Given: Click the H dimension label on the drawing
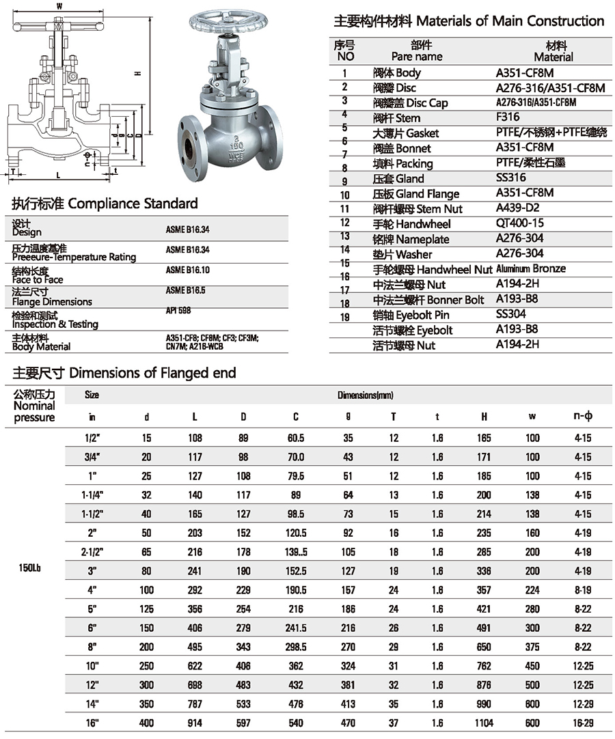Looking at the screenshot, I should pyautogui.click(x=137, y=73).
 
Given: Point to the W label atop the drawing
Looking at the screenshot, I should pyautogui.click(x=59, y=6).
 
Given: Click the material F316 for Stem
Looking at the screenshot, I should pyautogui.click(x=508, y=117).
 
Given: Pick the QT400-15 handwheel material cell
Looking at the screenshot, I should pyautogui.click(x=519, y=223).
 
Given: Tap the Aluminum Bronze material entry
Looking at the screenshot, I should pyautogui.click(x=531, y=268).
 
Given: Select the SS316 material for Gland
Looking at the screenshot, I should pyautogui.click(x=512, y=178).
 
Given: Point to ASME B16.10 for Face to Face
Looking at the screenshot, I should pyautogui.click(x=187, y=270).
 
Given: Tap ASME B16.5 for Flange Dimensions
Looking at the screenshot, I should pyautogui.click(x=185, y=290).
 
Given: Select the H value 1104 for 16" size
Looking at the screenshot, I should pyautogui.click(x=484, y=723).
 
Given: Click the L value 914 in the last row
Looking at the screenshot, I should pyautogui.click(x=195, y=723).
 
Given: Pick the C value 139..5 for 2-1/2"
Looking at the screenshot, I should pyautogui.click(x=296, y=551).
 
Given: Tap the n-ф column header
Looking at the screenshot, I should pyautogui.click(x=582, y=416).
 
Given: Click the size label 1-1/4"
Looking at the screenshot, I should pyautogui.click(x=92, y=494).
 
